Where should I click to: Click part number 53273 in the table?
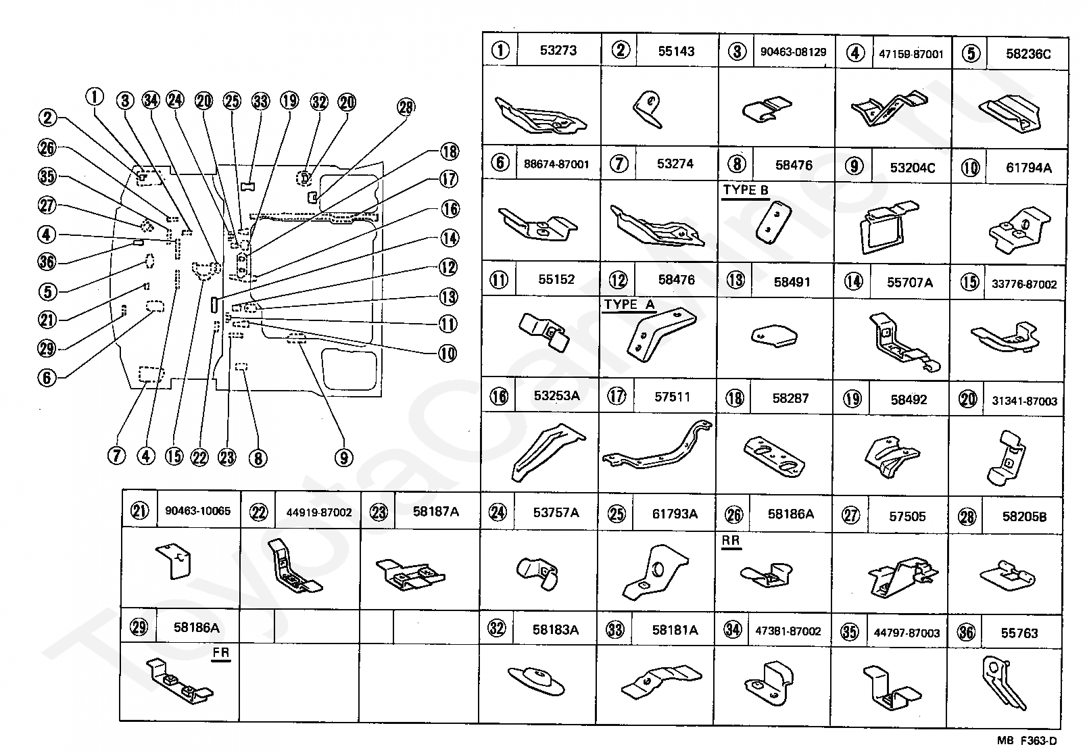[x=558, y=50]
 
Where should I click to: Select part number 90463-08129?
[x=793, y=52]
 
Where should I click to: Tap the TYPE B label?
[x=746, y=190]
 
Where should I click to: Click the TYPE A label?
[x=629, y=304]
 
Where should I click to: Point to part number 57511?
[x=672, y=397]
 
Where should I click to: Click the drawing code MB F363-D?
[x=1028, y=742]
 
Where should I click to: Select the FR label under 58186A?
[x=221, y=653]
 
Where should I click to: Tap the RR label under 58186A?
[x=731, y=541]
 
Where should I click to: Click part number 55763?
[x=1019, y=633]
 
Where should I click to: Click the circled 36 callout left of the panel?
[x=47, y=262]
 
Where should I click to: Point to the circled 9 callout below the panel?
[x=343, y=458]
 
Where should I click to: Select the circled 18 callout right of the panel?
[x=449, y=151]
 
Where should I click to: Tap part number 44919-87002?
[x=319, y=512]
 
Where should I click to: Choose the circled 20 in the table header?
[x=968, y=399]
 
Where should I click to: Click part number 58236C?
[x=1028, y=54]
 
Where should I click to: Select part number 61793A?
[x=675, y=514]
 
